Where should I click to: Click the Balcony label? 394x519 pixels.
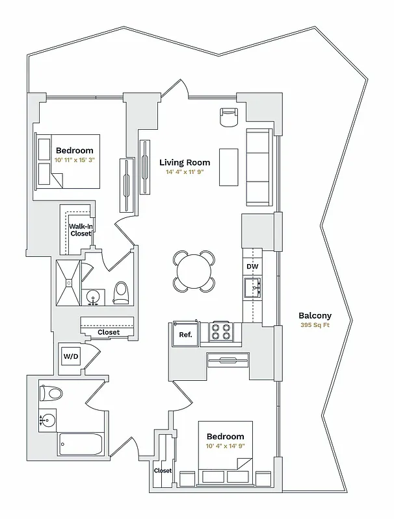pos(315,315)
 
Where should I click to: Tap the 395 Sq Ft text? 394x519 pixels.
pos(315,325)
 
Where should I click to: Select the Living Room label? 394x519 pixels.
pos(185,162)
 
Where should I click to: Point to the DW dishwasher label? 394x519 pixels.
pos(252,267)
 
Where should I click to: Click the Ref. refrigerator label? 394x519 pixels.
pos(185,335)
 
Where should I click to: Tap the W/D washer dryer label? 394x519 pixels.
pos(70,356)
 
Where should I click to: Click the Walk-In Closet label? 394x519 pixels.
pos(81,230)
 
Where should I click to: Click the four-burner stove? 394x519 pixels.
pos(220,332)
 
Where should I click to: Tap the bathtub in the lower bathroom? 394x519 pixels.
pos(81,446)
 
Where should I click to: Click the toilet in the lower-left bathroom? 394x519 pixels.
pos(51,394)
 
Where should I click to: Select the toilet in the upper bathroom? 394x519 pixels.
pos(122,293)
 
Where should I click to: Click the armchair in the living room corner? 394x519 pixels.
pos(230,117)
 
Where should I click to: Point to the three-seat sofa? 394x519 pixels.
pos(257,167)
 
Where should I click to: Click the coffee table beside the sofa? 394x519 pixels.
pos(228,167)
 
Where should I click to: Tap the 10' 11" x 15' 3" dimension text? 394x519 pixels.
pos(75,159)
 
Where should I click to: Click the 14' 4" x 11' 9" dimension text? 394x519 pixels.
pos(185,173)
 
